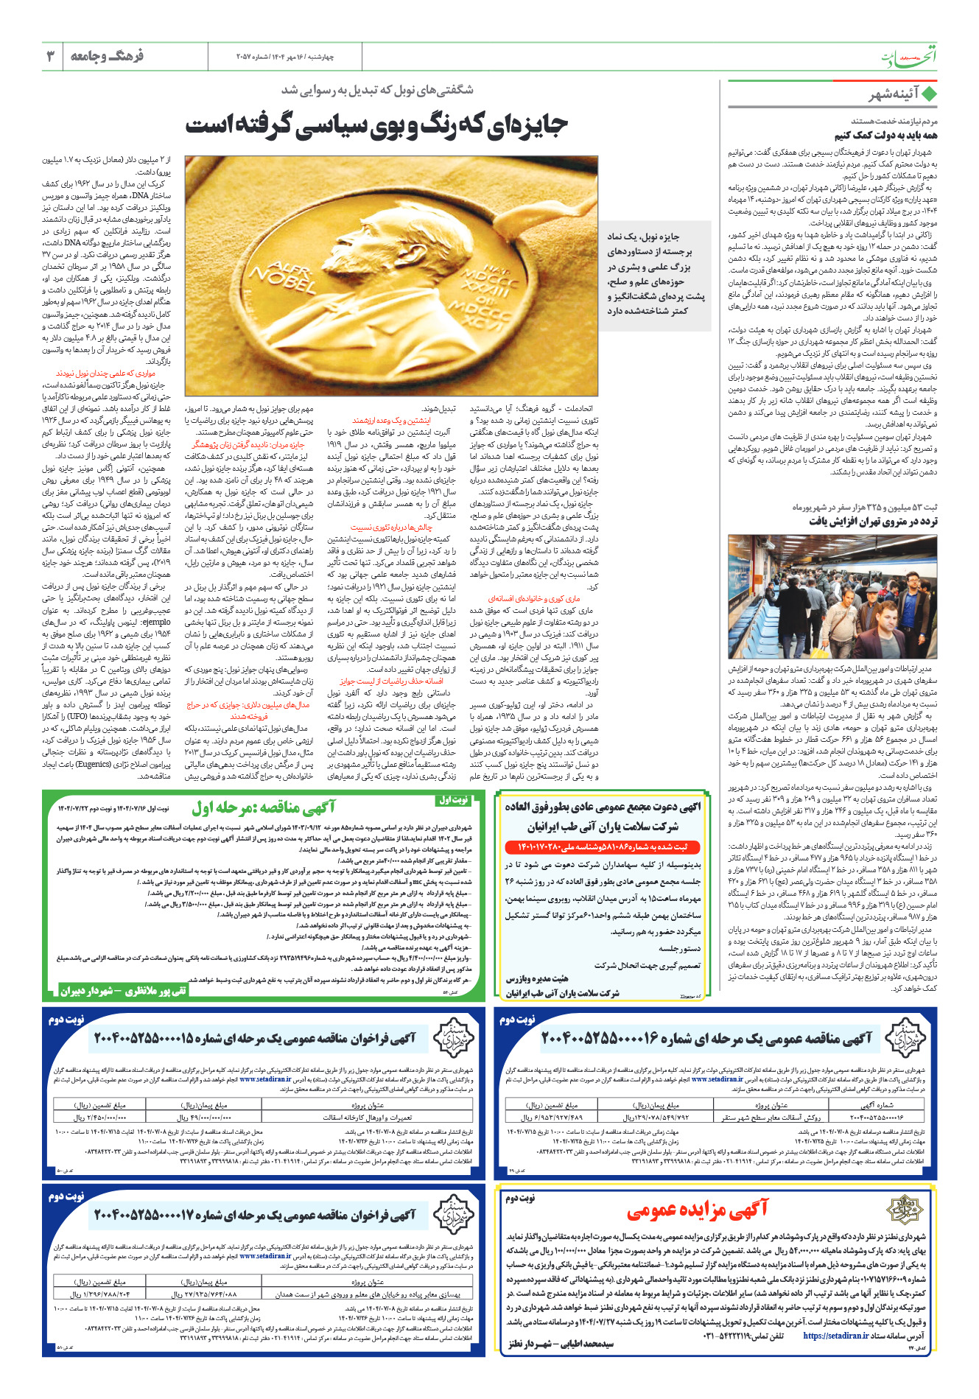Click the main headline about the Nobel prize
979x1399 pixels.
[x=376, y=125]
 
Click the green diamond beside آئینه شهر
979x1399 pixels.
[x=929, y=94]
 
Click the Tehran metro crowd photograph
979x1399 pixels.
[x=832, y=597]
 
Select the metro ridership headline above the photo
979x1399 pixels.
[x=872, y=521]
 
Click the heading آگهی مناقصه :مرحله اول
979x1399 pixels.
[x=263, y=808]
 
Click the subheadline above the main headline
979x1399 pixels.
[x=377, y=90]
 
